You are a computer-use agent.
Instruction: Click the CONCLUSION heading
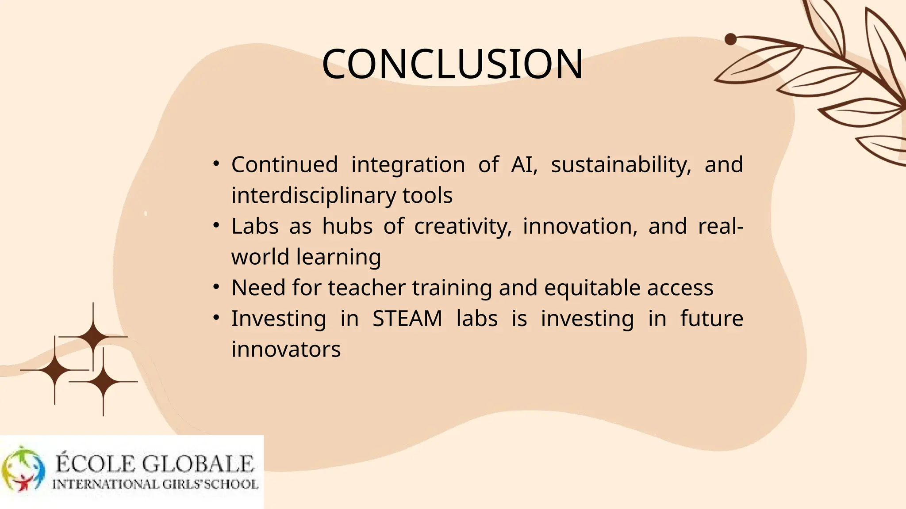click(452, 65)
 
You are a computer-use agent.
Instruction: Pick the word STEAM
click(407, 319)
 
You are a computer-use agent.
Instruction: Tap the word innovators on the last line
click(286, 349)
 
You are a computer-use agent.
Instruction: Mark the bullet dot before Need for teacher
click(216, 288)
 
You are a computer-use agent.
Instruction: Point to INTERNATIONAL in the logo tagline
click(105, 485)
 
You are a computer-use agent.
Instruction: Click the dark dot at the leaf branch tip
click(730, 39)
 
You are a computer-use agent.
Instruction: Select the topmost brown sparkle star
click(93, 337)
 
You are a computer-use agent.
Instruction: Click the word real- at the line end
click(720, 226)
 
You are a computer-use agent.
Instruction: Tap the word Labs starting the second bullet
click(255, 226)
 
